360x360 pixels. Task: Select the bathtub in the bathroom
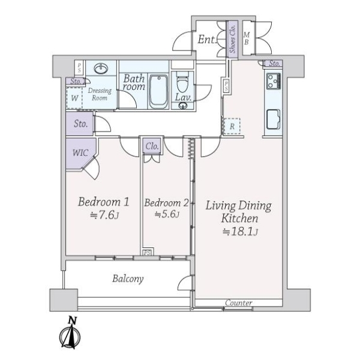click(x=158, y=92)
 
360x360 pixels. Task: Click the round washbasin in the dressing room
click(x=101, y=68)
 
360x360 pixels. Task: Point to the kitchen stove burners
click(x=274, y=81)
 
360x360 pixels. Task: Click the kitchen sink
click(x=273, y=119)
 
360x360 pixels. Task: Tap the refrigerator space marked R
click(x=232, y=126)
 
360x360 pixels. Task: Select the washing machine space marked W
click(x=74, y=98)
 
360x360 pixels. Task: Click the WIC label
click(x=80, y=152)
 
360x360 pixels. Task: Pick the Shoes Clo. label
click(x=232, y=38)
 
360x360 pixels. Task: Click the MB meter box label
click(x=247, y=38)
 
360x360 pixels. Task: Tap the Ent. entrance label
click(x=207, y=40)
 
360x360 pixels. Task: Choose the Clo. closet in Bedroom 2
click(x=152, y=146)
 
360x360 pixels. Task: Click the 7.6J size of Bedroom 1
click(x=104, y=215)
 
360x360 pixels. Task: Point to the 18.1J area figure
click(x=241, y=232)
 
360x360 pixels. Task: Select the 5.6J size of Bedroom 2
click(x=167, y=214)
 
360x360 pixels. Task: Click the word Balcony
click(x=128, y=279)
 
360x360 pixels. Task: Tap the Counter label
click(x=239, y=303)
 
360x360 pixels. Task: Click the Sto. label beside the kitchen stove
click(x=274, y=64)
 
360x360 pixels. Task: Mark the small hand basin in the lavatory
click(x=183, y=106)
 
